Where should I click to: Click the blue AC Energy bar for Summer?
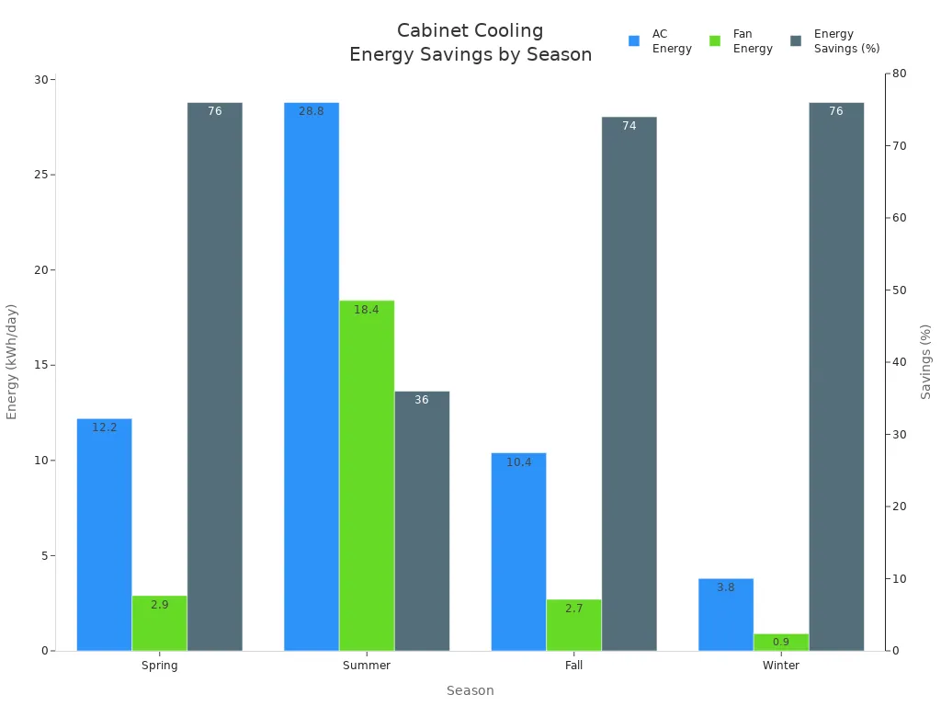tap(312, 377)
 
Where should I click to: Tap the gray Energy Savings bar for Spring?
tap(215, 377)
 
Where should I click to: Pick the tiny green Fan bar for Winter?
tap(781, 642)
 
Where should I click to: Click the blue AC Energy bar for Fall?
tap(518, 552)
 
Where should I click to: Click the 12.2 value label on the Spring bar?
tap(105, 427)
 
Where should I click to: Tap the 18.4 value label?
tap(367, 310)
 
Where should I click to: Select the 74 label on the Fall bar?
tap(629, 126)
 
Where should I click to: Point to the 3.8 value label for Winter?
tap(726, 587)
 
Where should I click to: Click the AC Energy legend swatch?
tap(634, 41)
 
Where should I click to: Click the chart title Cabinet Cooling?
tap(470, 31)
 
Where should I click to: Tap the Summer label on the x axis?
tap(367, 666)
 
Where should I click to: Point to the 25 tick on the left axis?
tap(40, 175)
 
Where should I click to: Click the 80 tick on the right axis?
tap(899, 74)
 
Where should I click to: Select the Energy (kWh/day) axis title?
tap(12, 361)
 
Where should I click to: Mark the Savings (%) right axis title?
tap(925, 361)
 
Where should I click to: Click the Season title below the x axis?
tap(470, 690)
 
